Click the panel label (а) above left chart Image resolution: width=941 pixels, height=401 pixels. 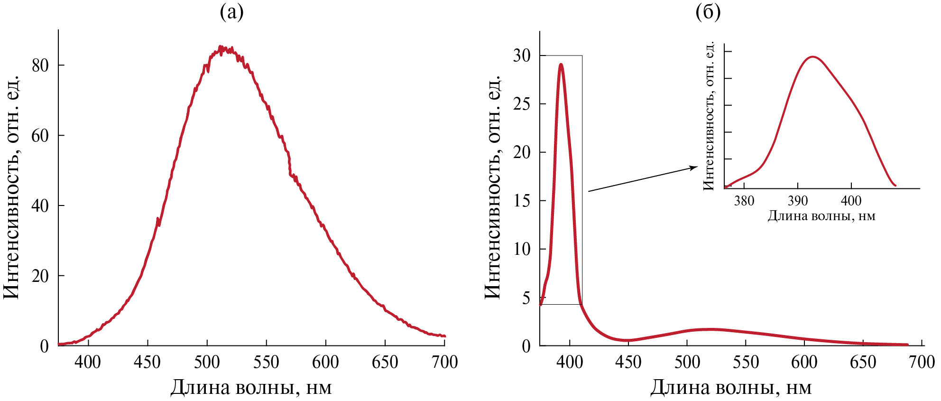(231, 12)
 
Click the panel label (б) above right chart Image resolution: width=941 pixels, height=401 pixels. (708, 12)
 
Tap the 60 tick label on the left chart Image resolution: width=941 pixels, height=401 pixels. (40, 136)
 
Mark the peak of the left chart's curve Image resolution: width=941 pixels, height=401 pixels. (220, 47)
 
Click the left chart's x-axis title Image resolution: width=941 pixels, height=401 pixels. (251, 388)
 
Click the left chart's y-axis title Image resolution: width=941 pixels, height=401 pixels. (13, 187)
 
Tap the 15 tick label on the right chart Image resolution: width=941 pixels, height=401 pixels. (522, 201)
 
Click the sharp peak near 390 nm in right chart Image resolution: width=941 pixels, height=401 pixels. (561, 64)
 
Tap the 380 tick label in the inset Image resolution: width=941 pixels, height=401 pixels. (744, 201)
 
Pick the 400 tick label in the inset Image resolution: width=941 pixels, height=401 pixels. (851, 201)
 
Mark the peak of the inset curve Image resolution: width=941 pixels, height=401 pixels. (813, 57)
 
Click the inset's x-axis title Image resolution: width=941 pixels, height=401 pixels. (821, 216)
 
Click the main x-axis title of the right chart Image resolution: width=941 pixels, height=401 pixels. (731, 388)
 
